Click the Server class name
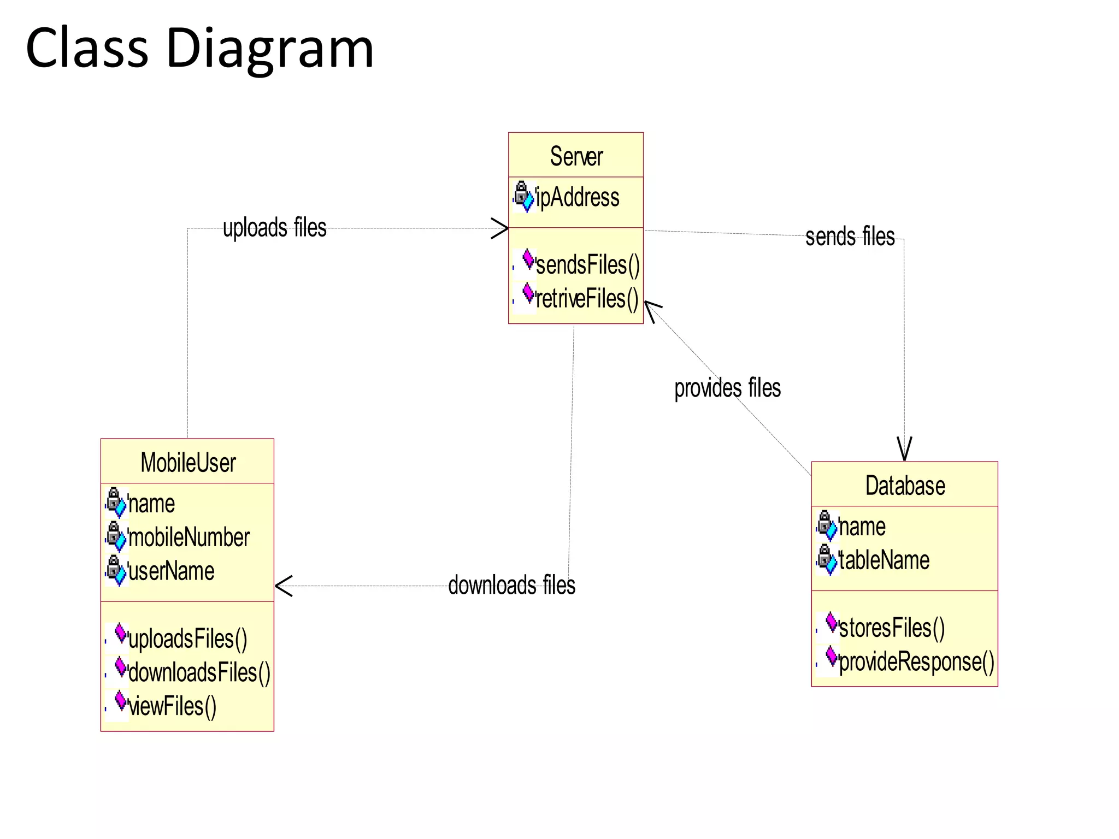(576, 157)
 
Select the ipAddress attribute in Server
(577, 197)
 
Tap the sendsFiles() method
(587, 265)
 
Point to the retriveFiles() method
(586, 299)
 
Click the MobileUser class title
(188, 463)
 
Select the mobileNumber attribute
(189, 537)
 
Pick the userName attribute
(171, 571)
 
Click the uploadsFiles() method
(187, 639)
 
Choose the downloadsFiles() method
(199, 672)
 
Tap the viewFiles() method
(172, 706)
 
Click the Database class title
(905, 486)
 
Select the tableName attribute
(884, 560)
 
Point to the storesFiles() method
(892, 628)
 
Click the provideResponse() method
(916, 661)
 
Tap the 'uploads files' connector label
(274, 228)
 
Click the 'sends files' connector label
(850, 237)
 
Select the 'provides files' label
(727, 388)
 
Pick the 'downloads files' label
(511, 585)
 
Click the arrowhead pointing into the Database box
(904, 450)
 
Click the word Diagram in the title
(269, 49)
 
